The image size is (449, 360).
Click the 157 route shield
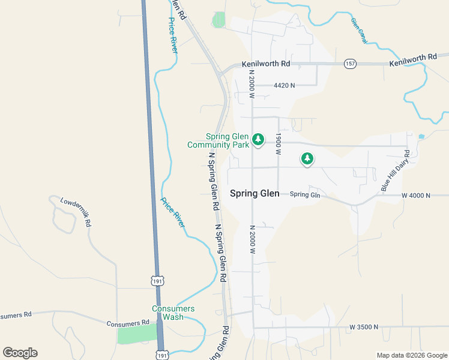[349, 63]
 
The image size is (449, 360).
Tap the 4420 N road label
[284, 86]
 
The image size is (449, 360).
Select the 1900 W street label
[279, 145]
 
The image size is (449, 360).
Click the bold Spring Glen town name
[255, 193]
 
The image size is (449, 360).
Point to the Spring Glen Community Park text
[218, 140]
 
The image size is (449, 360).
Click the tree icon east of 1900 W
[307, 158]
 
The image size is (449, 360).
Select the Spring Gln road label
[305, 194]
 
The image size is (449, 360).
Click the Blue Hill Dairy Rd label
[394, 172]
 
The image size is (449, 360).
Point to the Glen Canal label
[358, 31]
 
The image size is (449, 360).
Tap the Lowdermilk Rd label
[76, 211]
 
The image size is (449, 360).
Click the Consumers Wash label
[173, 313]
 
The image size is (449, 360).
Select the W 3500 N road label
[364, 327]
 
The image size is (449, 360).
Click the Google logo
[20, 353]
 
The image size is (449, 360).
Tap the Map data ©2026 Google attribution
[411, 355]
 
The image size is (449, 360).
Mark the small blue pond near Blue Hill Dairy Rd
[420, 137]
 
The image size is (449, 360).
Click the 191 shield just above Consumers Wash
[157, 281]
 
